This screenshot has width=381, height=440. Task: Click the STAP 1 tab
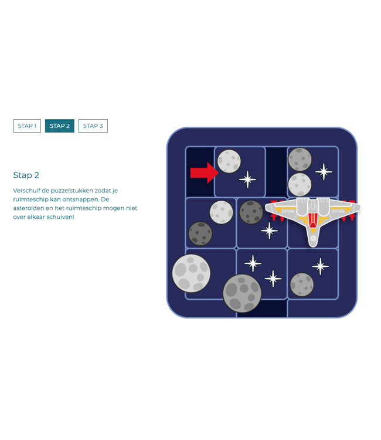point(27,126)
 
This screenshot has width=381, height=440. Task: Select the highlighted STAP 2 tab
point(60,126)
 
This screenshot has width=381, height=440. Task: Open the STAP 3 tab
point(93,126)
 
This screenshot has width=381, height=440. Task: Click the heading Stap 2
point(26,175)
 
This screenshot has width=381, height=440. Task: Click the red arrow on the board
point(203,172)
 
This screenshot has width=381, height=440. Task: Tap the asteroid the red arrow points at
point(229,161)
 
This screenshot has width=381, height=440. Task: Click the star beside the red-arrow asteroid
point(248,179)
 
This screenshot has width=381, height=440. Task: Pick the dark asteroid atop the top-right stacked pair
point(300,159)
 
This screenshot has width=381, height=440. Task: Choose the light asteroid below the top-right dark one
point(300,184)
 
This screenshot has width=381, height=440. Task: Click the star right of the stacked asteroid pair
point(323,171)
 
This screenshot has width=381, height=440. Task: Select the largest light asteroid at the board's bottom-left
point(191,273)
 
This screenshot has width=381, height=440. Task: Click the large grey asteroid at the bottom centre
point(241,293)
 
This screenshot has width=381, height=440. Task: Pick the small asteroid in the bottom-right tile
point(302,285)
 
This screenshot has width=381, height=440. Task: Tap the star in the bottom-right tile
point(320,266)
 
